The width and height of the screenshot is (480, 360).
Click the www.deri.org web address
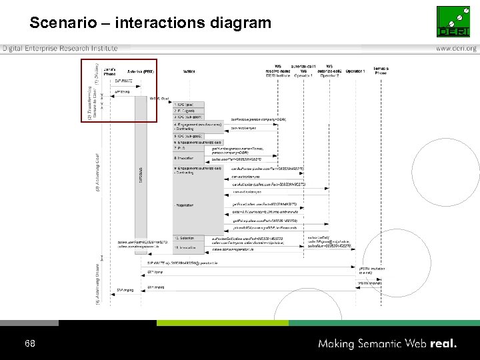[456, 49]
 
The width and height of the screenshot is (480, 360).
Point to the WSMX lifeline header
[189, 71]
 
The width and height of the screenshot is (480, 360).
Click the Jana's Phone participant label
[109, 71]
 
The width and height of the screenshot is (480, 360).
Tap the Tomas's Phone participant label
[381, 71]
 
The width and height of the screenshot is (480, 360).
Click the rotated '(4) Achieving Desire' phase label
[97, 283]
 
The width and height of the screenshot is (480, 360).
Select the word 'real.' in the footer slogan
[443, 344]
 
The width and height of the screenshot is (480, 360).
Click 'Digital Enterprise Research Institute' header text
[60, 49]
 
